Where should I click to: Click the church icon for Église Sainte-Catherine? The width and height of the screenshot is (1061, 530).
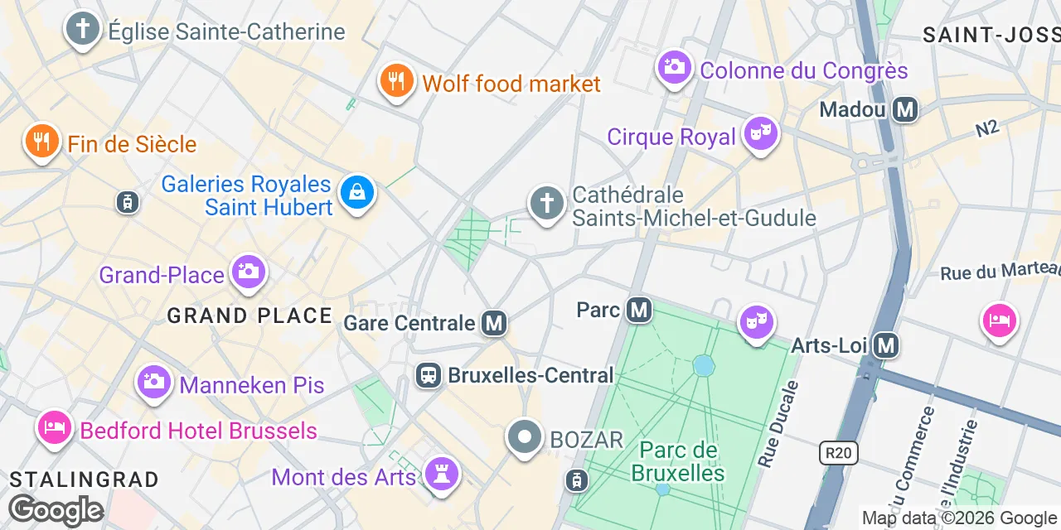tap(82, 30)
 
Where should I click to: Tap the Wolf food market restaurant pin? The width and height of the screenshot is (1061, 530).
tap(397, 81)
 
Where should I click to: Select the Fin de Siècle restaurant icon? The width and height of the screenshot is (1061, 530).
tap(41, 142)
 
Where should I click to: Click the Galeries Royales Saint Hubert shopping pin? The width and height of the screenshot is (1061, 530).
tap(357, 193)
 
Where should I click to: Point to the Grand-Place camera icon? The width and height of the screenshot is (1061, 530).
tap(248, 271)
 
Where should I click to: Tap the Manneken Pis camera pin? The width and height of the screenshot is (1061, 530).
tap(153, 382)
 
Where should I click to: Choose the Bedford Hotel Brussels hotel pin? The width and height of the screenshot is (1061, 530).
tap(54, 428)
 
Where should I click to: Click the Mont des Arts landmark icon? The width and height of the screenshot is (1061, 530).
tap(442, 474)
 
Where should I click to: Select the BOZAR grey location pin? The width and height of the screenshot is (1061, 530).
tap(524, 437)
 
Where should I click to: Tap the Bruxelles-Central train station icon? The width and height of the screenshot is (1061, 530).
tap(428, 375)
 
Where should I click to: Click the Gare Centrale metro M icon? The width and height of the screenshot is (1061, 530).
tap(494, 323)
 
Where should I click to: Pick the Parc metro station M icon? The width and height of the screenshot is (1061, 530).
tap(638, 310)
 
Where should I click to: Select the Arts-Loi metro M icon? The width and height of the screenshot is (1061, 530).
tap(886, 344)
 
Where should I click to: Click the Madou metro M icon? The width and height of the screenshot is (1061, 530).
tap(905, 109)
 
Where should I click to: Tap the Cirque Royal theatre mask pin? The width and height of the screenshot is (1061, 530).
tap(759, 133)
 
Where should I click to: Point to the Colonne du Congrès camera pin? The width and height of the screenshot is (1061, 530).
tap(675, 67)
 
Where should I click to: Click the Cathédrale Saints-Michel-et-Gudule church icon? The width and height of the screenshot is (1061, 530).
tap(547, 203)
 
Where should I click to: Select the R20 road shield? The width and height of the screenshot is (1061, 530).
tap(838, 452)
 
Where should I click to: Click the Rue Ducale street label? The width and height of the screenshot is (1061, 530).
tap(778, 424)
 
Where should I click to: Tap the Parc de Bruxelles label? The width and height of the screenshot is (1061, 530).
tap(678, 462)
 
